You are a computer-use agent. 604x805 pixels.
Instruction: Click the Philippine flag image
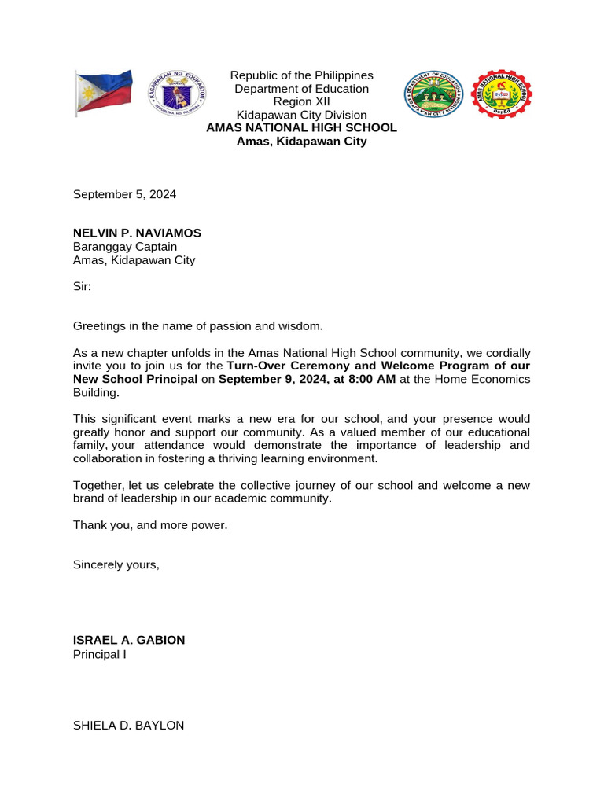(x=104, y=93)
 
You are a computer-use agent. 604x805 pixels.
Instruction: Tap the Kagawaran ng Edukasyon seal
(x=179, y=93)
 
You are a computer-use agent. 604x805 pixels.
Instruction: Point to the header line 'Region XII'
(x=301, y=101)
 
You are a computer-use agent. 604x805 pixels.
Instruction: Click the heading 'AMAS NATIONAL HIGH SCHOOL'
(x=301, y=128)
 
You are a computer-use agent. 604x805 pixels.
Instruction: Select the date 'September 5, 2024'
(x=124, y=194)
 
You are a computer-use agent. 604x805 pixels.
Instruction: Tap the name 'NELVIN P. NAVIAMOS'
(x=137, y=233)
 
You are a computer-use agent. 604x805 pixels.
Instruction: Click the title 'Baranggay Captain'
(x=125, y=247)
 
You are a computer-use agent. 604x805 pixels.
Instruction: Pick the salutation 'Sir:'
(x=82, y=286)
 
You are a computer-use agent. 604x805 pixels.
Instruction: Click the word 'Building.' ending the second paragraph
(x=96, y=392)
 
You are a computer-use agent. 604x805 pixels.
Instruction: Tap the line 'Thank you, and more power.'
(x=150, y=524)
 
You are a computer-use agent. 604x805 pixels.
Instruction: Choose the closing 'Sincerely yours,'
(x=116, y=564)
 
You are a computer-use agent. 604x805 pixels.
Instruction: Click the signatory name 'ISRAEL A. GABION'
(x=129, y=640)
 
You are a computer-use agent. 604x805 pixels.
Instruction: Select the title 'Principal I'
(x=99, y=653)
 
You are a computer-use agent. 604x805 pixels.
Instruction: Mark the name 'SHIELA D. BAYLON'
(x=128, y=726)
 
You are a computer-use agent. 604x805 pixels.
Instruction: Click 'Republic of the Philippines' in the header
(x=301, y=75)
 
